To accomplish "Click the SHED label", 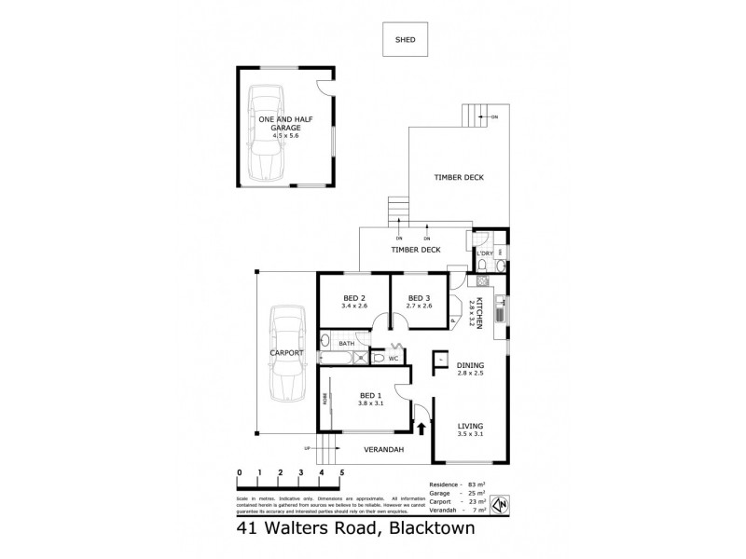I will coord(404,40).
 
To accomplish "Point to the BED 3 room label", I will coord(419,298).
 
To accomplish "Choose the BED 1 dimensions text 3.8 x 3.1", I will coord(372,403).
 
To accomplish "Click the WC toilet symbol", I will coord(380,357).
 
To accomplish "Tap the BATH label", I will coord(346,344).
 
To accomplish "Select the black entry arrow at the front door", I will coord(421,429).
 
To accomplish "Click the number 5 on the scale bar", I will coord(342,473).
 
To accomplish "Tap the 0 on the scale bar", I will coord(240,473).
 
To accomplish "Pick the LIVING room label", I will coord(470,427).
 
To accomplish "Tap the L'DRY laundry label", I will coord(484,252).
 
